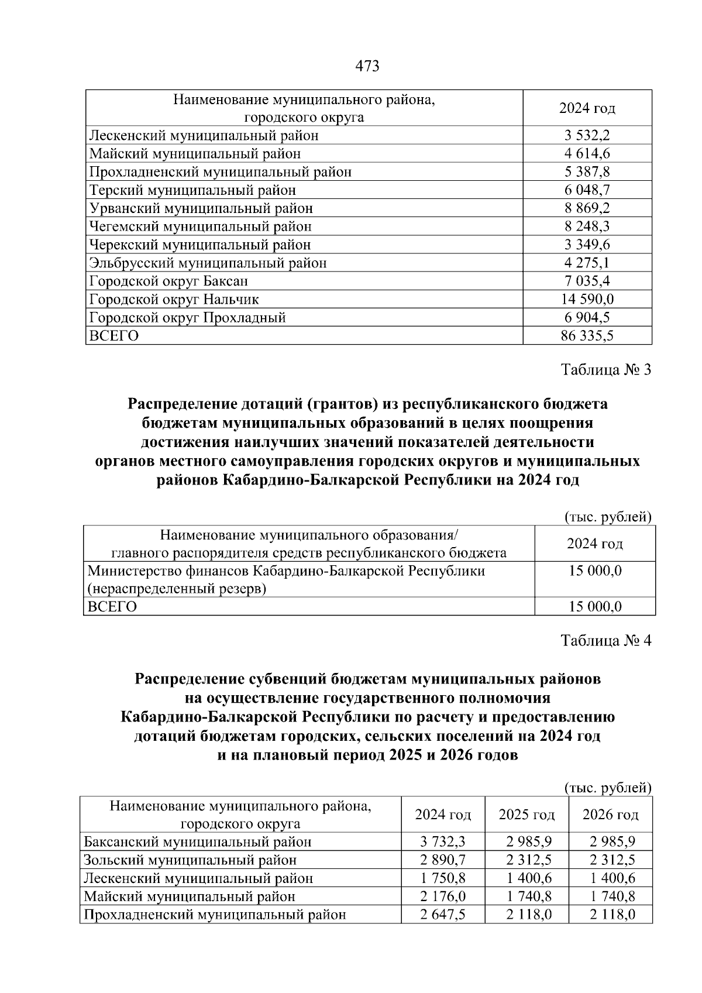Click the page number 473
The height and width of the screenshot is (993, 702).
[367, 67]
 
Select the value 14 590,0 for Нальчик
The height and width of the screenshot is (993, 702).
[587, 300]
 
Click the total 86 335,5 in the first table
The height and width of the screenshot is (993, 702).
[587, 336]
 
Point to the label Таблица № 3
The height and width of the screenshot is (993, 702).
[605, 370]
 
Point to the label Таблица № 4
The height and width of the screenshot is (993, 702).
[605, 641]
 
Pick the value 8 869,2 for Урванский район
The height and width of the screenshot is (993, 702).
[587, 208]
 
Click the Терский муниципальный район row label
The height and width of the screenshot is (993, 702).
[192, 190]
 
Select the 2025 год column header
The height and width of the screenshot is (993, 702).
[526, 815]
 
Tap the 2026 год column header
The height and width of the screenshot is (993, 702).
[610, 815]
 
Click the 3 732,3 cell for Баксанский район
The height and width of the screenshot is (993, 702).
[442, 842]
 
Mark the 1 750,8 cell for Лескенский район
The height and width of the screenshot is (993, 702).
[442, 878]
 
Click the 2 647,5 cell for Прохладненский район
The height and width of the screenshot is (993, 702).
[442, 915]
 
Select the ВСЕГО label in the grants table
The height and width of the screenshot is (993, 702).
[112, 607]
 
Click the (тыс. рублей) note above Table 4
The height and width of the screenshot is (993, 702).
[608, 788]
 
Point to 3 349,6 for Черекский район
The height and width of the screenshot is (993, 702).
[587, 245]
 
